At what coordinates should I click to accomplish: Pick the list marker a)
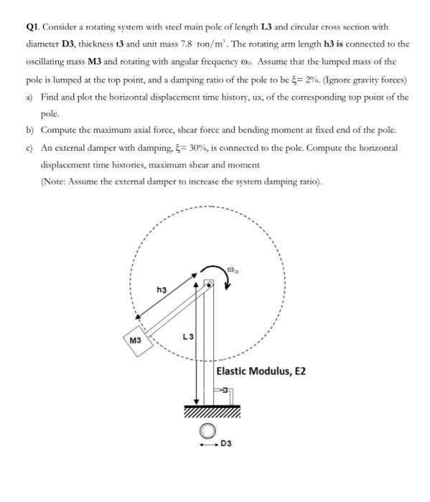coord(29,96)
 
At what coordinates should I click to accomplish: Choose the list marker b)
coord(29,131)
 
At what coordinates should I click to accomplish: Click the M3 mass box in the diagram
coord(135,338)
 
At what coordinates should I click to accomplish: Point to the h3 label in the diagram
coord(162,290)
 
